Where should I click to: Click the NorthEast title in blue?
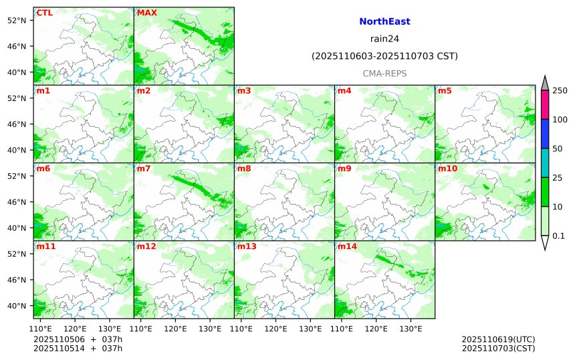(384, 21)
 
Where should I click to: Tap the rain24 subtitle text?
(384, 38)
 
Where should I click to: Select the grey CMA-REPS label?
(384, 74)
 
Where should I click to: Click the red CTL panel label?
(45, 13)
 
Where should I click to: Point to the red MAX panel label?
(147, 13)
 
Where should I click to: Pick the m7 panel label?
(144, 169)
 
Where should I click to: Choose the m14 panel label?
(347, 247)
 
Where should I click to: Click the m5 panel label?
(445, 90)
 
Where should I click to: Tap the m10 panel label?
(447, 169)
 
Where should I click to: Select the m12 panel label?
(146, 247)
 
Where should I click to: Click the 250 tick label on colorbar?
(560, 90)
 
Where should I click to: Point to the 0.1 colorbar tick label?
(558, 235)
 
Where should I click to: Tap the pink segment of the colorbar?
(545, 104)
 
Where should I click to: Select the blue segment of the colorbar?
(545, 134)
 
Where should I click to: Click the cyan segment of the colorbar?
(545, 163)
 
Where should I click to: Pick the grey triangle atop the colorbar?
(545, 83)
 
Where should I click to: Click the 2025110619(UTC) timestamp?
(498, 339)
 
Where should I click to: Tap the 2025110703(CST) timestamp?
(498, 348)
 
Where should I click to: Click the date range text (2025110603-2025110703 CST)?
(384, 56)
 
